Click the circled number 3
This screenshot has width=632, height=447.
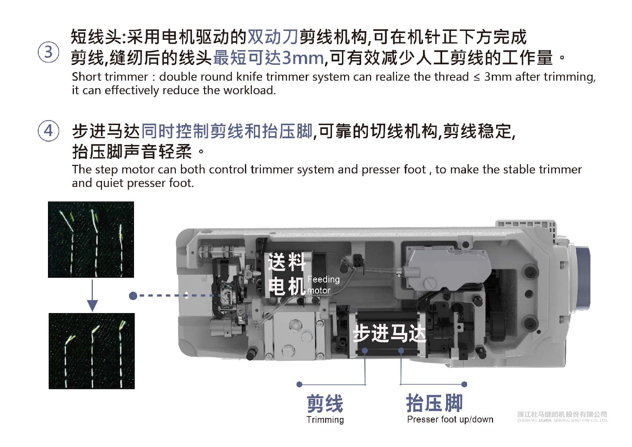pyautogui.click(x=48, y=52)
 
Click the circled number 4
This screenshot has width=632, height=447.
pyautogui.click(x=48, y=131)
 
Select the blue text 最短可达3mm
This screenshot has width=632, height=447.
pyautogui.click(x=268, y=58)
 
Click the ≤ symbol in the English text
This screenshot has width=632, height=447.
pyautogui.click(x=477, y=77)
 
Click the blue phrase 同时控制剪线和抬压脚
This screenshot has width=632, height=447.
pyautogui.click(x=227, y=131)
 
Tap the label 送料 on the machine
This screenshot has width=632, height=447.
pyautogui.click(x=286, y=262)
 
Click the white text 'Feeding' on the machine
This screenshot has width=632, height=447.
pyautogui.click(x=323, y=279)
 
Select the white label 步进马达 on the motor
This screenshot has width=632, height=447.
pyautogui.click(x=389, y=333)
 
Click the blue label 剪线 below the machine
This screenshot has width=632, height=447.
pyautogui.click(x=325, y=404)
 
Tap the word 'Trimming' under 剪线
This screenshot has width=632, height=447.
pyautogui.click(x=325, y=420)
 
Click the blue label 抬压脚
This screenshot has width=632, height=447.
pyautogui.click(x=434, y=403)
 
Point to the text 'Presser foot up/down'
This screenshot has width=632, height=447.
pyautogui.click(x=450, y=419)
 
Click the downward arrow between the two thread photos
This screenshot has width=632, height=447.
pyautogui.click(x=92, y=296)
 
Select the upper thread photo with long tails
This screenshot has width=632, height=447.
pyautogui.click(x=91, y=239)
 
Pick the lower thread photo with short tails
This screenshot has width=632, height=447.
pyautogui.click(x=92, y=351)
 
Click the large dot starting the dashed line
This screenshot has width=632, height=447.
pyautogui.click(x=133, y=296)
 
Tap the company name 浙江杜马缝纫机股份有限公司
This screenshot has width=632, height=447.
pyautogui.click(x=562, y=414)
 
